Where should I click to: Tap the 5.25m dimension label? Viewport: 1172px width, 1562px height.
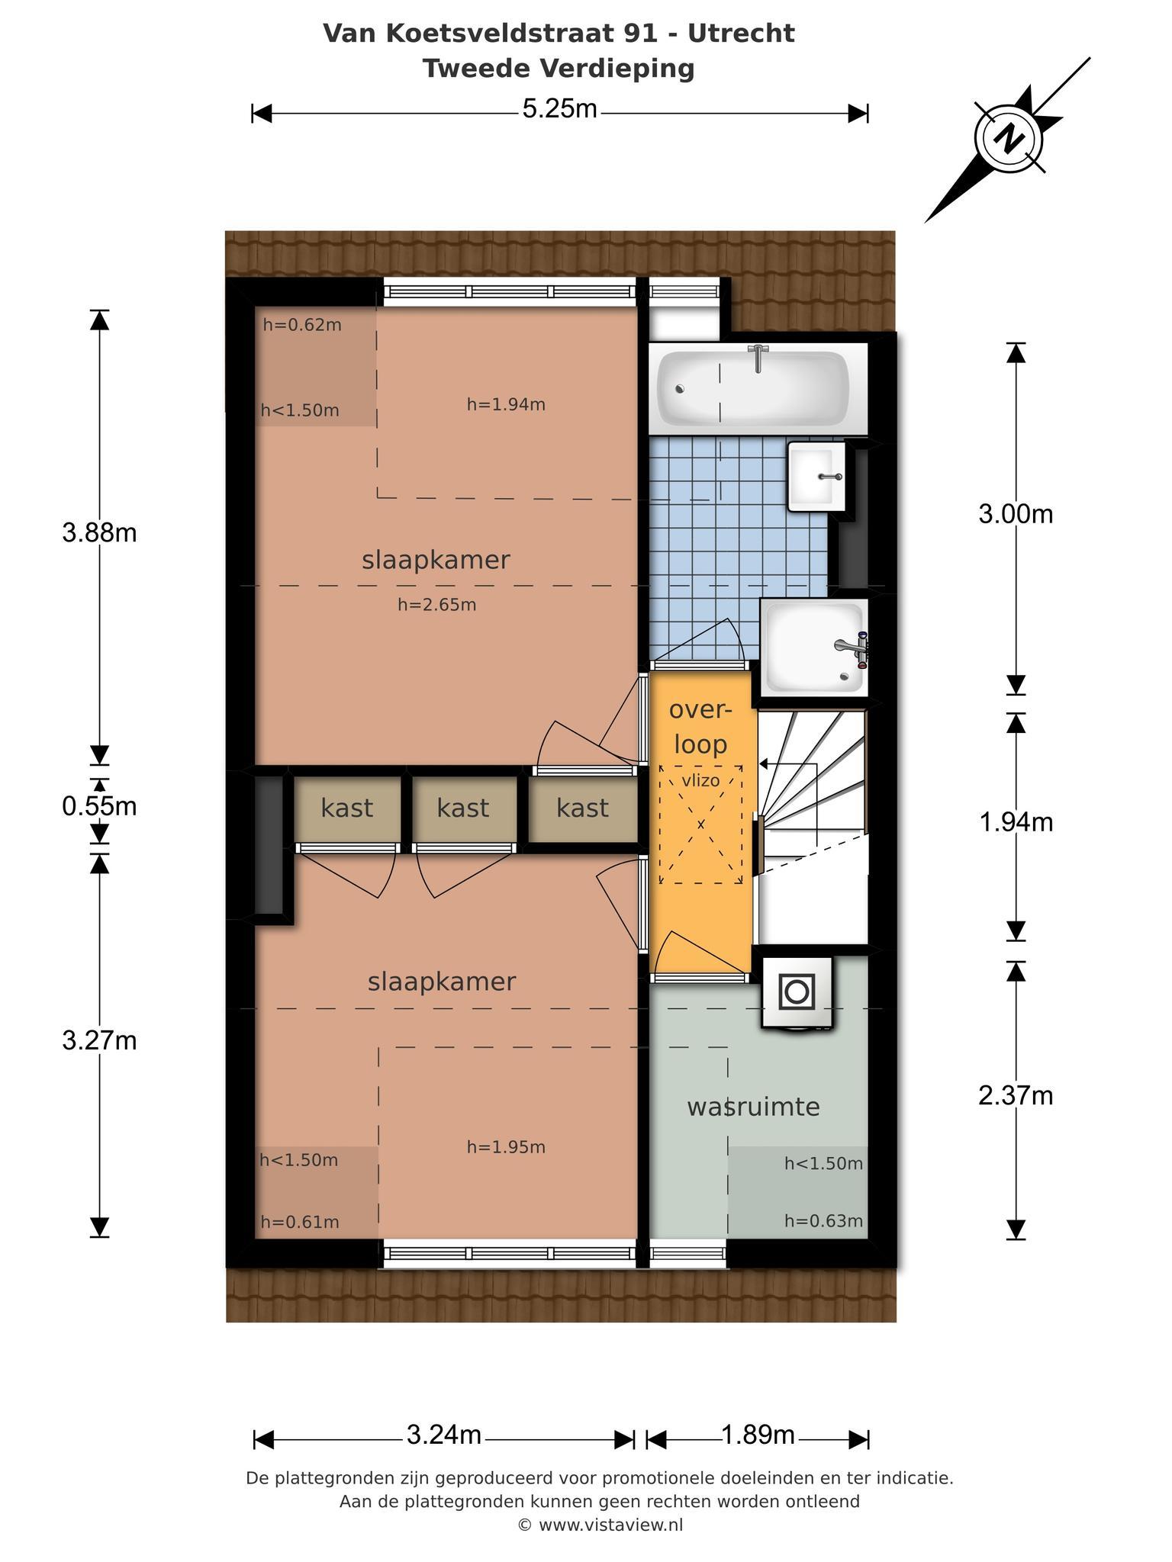(559, 110)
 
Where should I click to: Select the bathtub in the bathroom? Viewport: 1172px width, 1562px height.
(753, 388)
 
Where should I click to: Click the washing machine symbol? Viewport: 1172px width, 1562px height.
(796, 992)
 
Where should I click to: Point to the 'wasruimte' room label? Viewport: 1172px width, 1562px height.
(753, 1107)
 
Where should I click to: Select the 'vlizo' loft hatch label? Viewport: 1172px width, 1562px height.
(700, 781)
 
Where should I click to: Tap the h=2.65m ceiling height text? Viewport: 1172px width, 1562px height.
(437, 605)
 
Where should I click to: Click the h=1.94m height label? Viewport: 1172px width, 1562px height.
(506, 404)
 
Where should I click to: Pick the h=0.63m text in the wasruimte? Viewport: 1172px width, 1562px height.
(824, 1221)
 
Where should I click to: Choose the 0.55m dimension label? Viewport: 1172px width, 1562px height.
(100, 806)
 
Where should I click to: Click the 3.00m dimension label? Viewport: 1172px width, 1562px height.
(1016, 514)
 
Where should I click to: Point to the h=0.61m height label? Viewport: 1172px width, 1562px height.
(300, 1222)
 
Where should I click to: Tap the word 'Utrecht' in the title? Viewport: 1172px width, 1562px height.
(741, 34)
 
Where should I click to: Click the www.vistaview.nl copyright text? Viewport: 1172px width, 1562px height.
(600, 1525)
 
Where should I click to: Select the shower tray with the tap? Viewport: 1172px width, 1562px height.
(815, 645)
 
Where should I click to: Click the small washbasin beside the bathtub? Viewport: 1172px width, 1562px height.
(817, 477)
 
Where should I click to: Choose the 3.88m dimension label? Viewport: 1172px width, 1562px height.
(100, 532)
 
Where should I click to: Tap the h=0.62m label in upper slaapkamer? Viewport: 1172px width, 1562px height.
(302, 325)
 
